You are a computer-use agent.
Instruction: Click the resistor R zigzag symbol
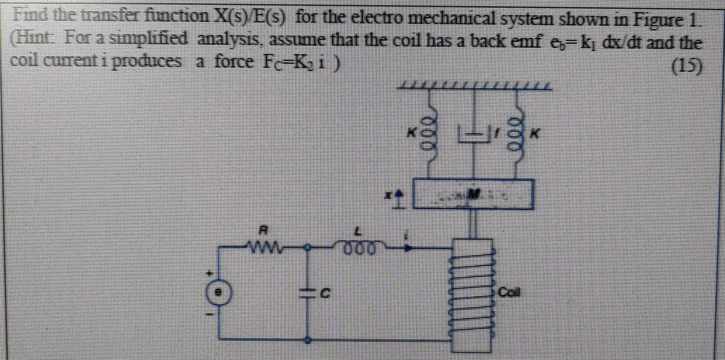[x=279, y=249]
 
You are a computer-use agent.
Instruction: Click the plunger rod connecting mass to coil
[x=474, y=224]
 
